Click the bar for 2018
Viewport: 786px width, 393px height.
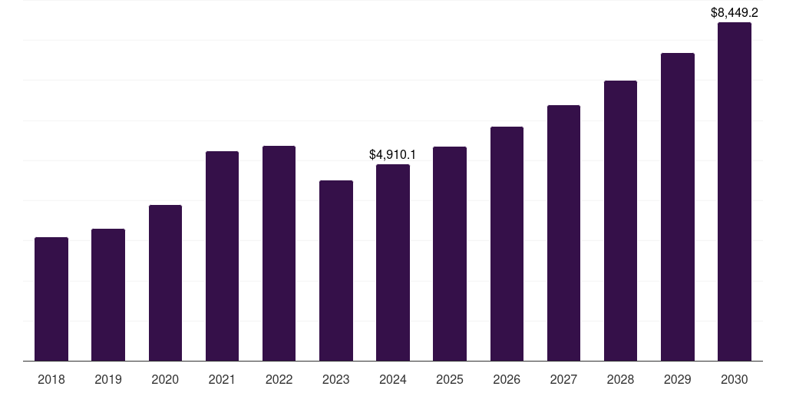coord(51,299)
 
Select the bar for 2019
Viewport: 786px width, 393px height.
coord(108,295)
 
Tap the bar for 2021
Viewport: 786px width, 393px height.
coord(222,256)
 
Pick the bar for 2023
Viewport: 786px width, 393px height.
coord(336,271)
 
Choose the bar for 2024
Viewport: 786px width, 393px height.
coord(393,263)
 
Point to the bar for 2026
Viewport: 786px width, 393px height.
coord(507,244)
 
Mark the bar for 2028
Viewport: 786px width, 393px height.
coord(620,221)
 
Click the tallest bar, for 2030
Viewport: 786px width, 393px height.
coord(735,192)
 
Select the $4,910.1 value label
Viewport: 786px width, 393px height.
coord(393,155)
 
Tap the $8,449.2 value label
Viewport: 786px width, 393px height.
coord(735,13)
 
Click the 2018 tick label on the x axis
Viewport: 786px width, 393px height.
coord(51,380)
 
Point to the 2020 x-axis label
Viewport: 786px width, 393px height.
coord(165,380)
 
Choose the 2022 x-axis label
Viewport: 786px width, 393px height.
coord(279,380)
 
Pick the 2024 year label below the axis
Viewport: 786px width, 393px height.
coord(393,380)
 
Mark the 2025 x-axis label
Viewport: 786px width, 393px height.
coord(450,380)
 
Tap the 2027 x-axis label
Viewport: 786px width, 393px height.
coord(563,380)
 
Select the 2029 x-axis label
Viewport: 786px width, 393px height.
coord(678,380)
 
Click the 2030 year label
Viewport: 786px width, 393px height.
coord(735,380)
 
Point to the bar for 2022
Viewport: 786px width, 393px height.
coord(279,253)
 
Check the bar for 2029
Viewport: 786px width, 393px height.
coord(678,207)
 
